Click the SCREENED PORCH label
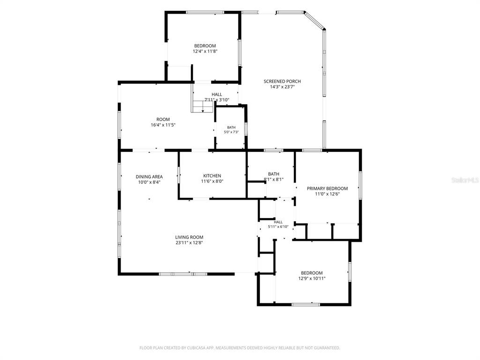[282, 82]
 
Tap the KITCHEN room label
[212, 176]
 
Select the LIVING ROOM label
[189, 237]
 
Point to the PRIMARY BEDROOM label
[327, 189]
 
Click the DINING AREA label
[149, 177]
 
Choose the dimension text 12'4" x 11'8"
[205, 52]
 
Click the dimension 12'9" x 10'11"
[312, 278]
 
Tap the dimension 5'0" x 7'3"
[231, 132]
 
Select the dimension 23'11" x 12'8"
[189, 243]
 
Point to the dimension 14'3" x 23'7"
[282, 87]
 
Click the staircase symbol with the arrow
[202, 106]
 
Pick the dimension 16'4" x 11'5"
[163, 125]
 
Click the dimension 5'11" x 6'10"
[278, 227]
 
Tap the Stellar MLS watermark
[465, 180]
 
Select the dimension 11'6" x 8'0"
[212, 181]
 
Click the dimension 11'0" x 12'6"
[327, 194]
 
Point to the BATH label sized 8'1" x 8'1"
[274, 174]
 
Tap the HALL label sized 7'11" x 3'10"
[217, 95]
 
